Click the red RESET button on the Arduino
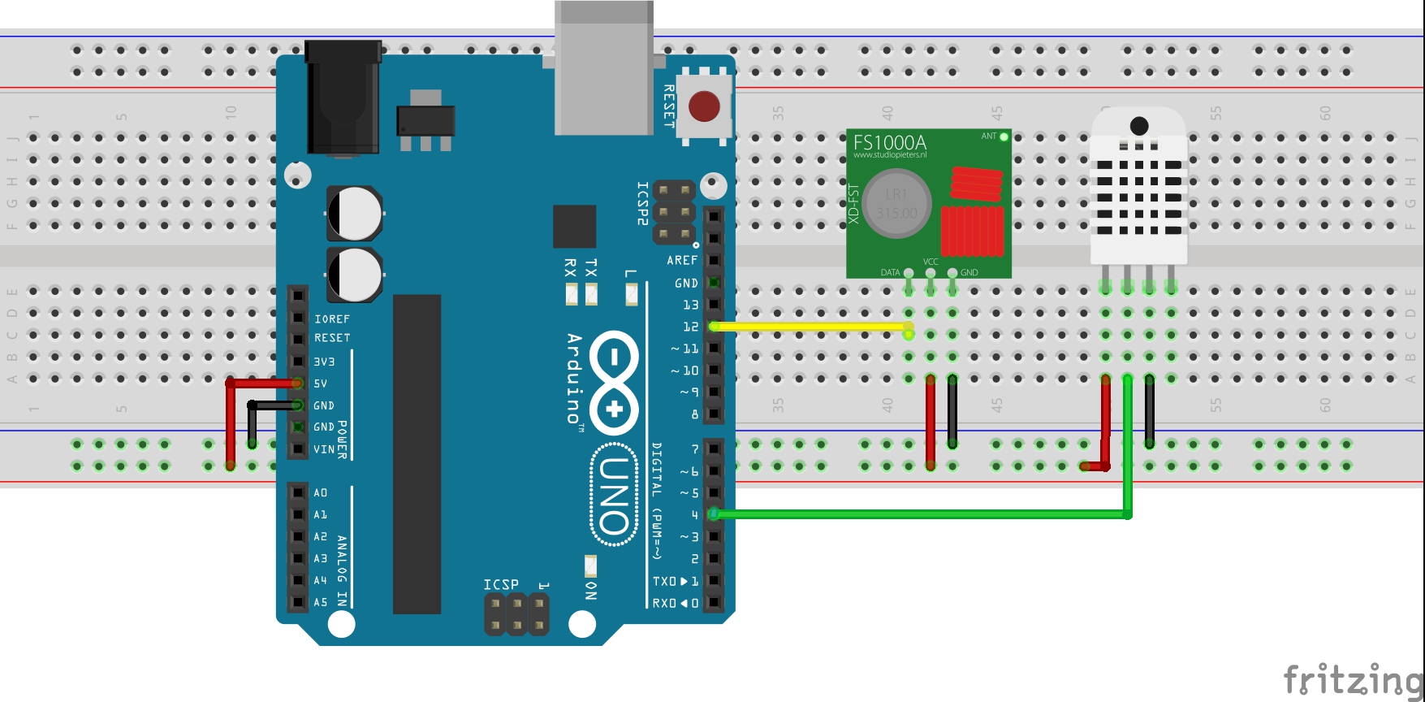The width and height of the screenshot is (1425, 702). tap(703, 106)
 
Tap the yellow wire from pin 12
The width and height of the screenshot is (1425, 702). tap(812, 327)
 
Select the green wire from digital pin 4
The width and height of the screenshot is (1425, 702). tap(918, 514)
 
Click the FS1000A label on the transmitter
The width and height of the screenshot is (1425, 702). tap(889, 142)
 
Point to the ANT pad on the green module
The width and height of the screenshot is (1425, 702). tap(1004, 136)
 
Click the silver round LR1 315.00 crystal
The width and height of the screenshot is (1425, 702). tap(896, 203)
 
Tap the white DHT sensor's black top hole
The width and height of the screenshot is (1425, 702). tap(1138, 126)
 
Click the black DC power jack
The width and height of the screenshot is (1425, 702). tap(343, 97)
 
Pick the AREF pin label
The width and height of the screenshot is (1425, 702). tap(682, 260)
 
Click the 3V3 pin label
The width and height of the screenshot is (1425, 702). tap(324, 362)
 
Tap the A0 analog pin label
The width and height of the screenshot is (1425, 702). tap(321, 492)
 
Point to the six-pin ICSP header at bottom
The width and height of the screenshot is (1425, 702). tap(516, 614)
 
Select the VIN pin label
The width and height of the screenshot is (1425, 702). tap(323, 448)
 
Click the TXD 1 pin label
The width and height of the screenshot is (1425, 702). tap(675, 581)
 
